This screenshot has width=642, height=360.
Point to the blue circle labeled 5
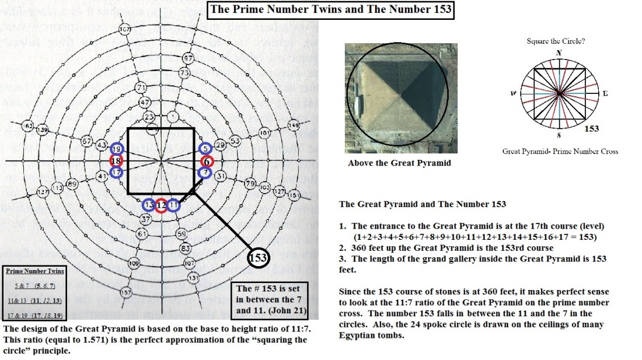[x=205, y=149]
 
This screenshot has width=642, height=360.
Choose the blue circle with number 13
[x=149, y=205]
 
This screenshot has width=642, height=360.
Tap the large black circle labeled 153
[x=258, y=257]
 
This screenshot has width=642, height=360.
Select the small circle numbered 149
[x=293, y=125]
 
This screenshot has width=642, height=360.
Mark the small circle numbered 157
[x=125, y=292]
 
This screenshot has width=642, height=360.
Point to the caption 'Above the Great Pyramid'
[x=399, y=163]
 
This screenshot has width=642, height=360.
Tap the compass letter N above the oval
[x=560, y=53]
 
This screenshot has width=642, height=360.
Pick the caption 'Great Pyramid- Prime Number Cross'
[x=560, y=152]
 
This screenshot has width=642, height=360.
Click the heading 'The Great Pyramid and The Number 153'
[x=422, y=204]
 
